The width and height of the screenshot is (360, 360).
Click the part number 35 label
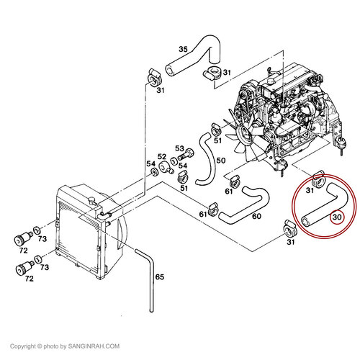click(183, 49)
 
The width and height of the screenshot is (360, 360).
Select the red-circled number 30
click(337, 217)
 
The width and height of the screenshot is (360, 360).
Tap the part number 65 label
click(160, 277)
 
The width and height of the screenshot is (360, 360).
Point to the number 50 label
click(221, 160)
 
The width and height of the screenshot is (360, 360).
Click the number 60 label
click(256, 216)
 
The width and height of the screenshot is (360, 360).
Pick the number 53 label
click(179, 148)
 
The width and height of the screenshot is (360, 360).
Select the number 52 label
click(162, 157)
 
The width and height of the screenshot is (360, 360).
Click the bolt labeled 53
click(186, 155)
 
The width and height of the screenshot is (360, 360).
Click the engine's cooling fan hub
click(246, 134)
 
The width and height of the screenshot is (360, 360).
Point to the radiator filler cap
click(91, 200)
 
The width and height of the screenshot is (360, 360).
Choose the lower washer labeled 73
click(38, 259)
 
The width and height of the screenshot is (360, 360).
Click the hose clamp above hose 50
click(216, 130)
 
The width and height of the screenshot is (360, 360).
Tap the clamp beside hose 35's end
click(212, 73)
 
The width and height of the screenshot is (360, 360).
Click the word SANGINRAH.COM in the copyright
click(94, 346)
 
